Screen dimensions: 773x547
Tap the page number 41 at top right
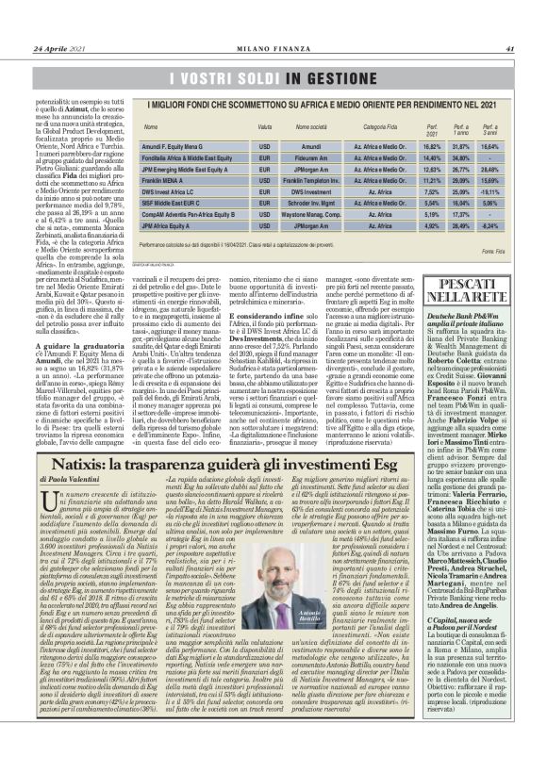(x=508, y=24)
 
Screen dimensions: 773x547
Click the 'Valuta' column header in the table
(x=239, y=125)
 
